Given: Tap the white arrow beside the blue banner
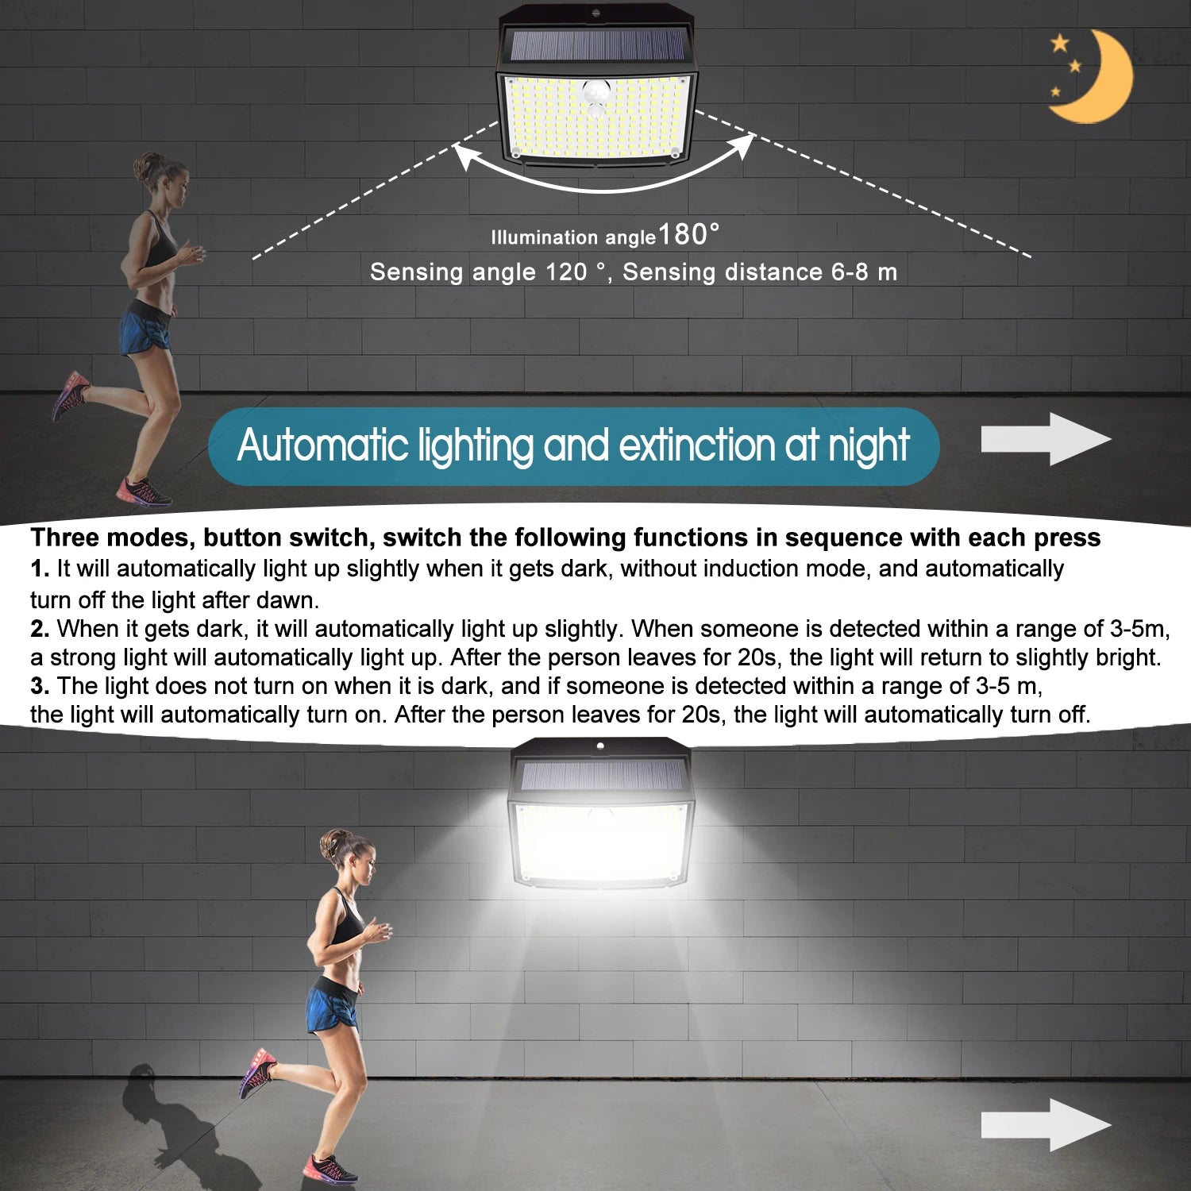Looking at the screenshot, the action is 1046,439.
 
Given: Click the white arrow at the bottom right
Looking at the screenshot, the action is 1046,1125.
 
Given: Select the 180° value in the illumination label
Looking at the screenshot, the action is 689,234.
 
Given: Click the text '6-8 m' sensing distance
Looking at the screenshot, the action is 864,272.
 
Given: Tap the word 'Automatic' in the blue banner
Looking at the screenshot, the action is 322,445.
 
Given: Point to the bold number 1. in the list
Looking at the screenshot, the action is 40,569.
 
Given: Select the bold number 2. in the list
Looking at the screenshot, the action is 40,630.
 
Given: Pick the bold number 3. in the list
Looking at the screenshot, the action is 40,687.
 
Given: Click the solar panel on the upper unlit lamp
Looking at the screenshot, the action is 597,47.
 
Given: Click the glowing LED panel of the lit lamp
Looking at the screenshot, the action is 601,843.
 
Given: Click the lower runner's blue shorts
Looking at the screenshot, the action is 332,1007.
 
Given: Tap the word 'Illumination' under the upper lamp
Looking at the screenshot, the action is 545,237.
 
